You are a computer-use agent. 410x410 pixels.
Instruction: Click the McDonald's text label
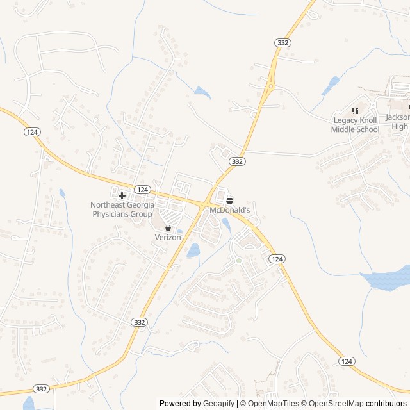point(229,210)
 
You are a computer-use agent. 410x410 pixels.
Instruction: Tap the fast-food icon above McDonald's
point(229,200)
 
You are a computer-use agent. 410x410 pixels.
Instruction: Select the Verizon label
point(168,237)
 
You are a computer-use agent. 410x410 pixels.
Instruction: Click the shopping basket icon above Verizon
point(168,227)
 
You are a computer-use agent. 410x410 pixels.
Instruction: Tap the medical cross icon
point(122,195)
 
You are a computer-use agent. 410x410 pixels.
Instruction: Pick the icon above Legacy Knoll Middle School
point(355,111)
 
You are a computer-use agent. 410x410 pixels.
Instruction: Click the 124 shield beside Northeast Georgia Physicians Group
point(142,189)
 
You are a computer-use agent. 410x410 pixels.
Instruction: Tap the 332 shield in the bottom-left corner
point(42,389)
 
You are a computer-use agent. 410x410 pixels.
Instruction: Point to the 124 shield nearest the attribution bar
point(347,361)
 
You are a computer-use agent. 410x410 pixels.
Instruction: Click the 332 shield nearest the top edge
point(283,42)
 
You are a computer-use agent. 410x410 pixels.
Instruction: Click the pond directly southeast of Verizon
point(193,250)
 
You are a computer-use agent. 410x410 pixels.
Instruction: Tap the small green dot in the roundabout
point(239,260)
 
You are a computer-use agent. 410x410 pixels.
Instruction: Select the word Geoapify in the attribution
point(219,404)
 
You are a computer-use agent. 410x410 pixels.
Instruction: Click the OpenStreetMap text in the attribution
point(336,404)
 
